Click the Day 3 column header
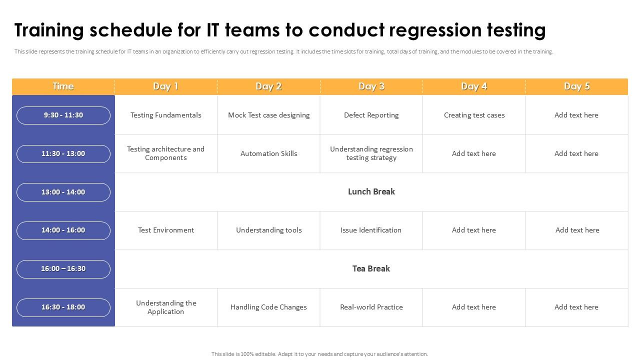(x=371, y=86)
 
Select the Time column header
(x=63, y=86)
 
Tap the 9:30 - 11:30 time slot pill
(x=63, y=115)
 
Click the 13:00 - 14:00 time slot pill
(x=63, y=192)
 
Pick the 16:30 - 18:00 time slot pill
(x=63, y=307)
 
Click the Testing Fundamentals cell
(x=166, y=115)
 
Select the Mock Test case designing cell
(x=268, y=115)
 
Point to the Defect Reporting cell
(x=371, y=115)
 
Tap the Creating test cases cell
(x=474, y=115)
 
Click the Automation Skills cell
(x=268, y=153)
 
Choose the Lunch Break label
(x=371, y=191)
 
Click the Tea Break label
(x=371, y=268)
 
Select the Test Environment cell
(x=166, y=230)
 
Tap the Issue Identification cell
(x=371, y=230)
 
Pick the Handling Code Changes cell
(x=268, y=307)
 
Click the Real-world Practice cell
(x=371, y=307)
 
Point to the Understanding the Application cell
(x=166, y=307)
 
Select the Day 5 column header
(x=576, y=86)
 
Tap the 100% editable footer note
(x=319, y=354)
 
